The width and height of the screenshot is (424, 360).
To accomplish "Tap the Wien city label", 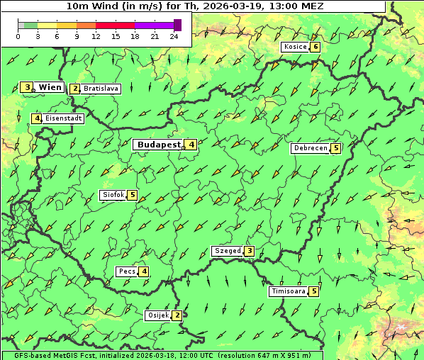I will (50, 87).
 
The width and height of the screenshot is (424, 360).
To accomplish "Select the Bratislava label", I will (101, 89).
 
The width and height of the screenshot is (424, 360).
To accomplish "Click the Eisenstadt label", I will (64, 118).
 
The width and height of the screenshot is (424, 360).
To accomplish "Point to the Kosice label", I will (294, 47).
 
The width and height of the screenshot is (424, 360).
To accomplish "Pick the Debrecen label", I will (311, 148).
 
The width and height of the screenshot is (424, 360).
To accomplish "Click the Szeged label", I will (227, 251).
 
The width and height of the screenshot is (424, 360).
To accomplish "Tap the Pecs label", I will (128, 271).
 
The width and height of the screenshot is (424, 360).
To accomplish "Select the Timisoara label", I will (289, 291).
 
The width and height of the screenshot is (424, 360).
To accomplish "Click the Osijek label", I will (158, 315).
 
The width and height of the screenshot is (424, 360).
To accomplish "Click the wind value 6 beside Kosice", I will (315, 47).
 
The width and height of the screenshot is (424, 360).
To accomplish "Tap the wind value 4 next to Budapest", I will (191, 145).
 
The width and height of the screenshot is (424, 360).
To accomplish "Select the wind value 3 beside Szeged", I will (249, 251).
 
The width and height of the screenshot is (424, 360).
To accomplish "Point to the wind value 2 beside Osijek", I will (177, 315).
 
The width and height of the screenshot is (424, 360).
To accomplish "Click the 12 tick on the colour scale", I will (96, 36).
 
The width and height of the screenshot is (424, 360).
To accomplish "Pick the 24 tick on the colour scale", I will (174, 36).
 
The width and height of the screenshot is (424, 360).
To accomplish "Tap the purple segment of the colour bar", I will (154, 25).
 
